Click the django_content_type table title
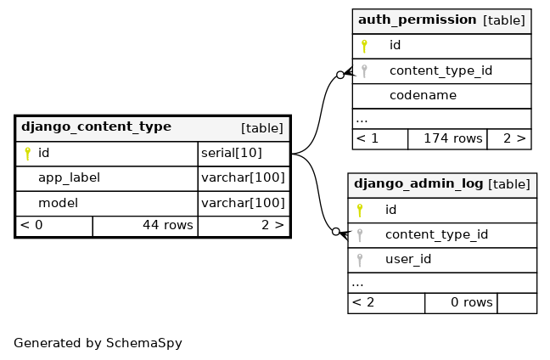[96, 127]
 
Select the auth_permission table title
[417, 20]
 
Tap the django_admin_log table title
[418, 184]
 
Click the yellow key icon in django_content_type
[27, 154]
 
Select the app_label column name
[69, 178]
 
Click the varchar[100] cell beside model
[244, 203]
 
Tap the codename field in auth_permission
[423, 95]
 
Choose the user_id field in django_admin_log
[408, 259]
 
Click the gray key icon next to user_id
[360, 260]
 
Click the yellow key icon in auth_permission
[364, 46]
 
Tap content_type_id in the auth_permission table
[441, 70]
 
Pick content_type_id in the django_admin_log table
[437, 234]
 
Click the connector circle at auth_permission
[340, 75]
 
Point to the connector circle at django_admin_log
[335, 232]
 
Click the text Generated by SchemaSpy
[98, 343]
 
